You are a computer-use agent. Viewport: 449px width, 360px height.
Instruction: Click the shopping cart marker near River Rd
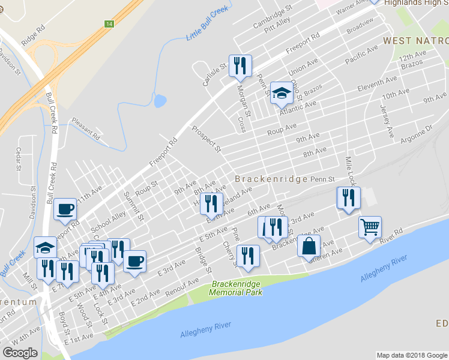pos(370,228)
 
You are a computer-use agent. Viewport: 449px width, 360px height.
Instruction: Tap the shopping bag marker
pos(309,246)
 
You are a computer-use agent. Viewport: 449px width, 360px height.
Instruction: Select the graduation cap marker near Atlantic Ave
pos(280,93)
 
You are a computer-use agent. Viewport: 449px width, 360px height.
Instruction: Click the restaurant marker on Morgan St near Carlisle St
pos(240,66)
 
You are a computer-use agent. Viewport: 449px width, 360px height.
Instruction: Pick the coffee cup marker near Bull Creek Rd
pos(65,209)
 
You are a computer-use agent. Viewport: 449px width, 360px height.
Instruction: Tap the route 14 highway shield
pos(109,24)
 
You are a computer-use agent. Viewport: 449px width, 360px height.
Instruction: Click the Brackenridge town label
pos(271,179)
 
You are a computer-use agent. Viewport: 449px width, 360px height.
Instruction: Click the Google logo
pos(20,353)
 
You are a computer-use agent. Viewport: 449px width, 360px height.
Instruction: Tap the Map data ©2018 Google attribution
pos(412,355)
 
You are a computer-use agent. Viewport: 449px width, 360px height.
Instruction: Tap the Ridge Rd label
pos(33,35)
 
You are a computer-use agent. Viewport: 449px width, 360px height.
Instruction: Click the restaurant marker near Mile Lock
pos(348,198)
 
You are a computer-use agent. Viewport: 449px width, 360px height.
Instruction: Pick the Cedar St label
pos(19,159)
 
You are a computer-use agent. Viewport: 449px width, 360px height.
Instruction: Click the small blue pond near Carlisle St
pos(160,101)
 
